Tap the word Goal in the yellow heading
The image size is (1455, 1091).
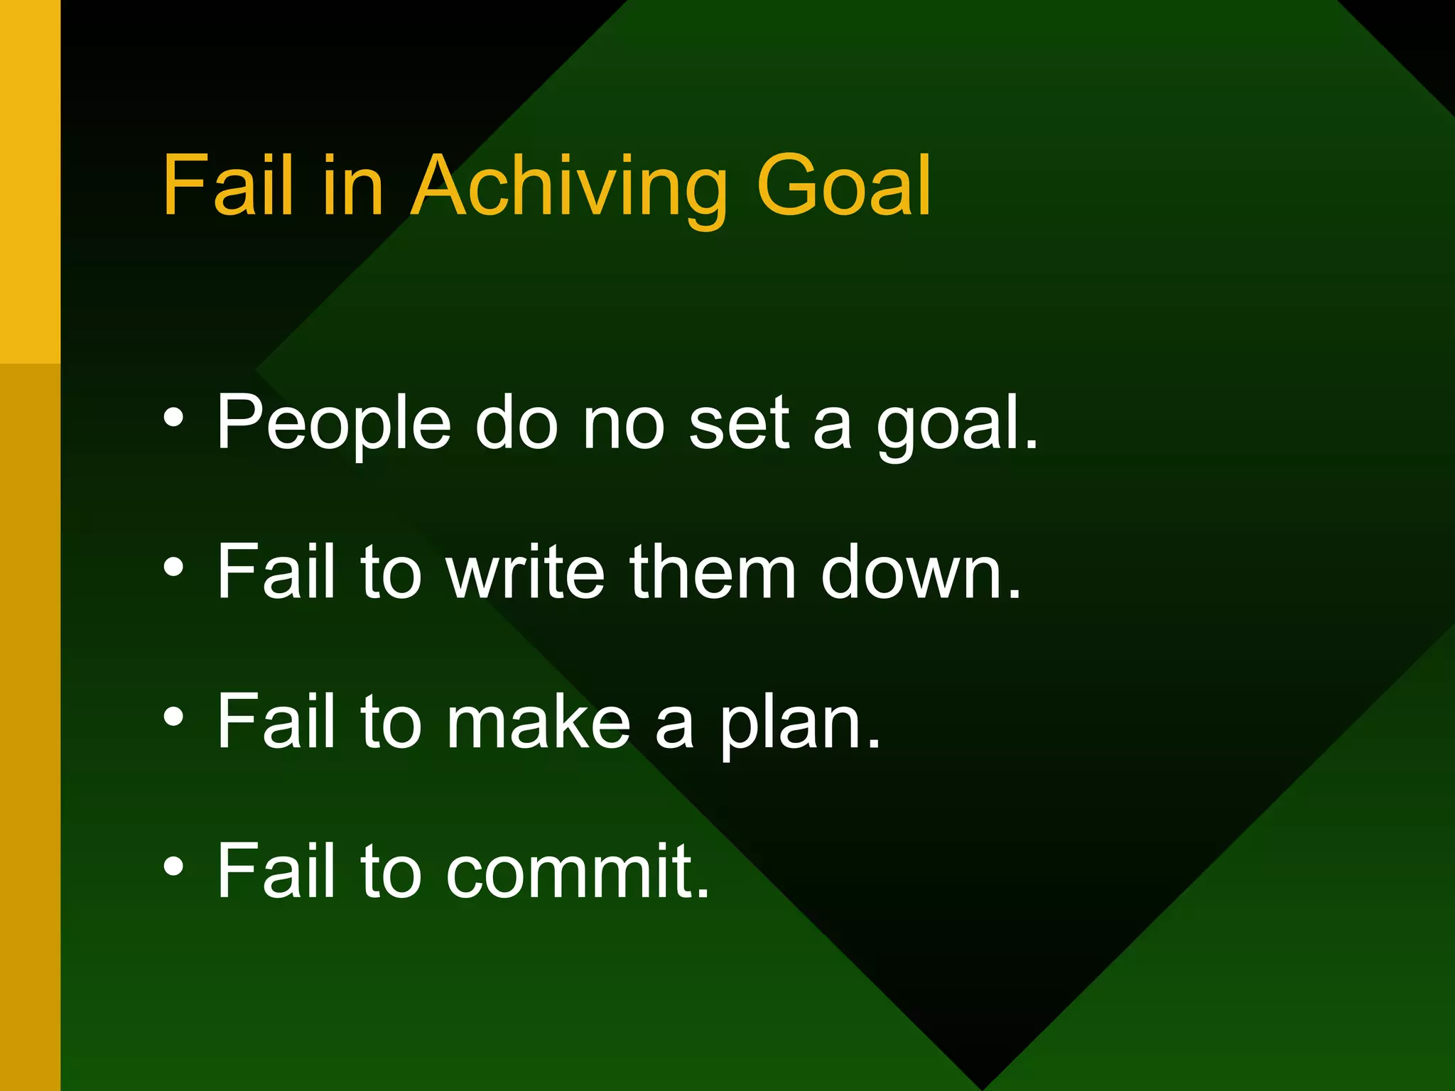(845, 186)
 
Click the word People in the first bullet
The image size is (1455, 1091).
(333, 423)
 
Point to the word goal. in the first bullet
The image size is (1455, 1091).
(956, 426)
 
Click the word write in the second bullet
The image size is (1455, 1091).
(526, 572)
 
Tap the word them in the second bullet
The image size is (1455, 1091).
(712, 572)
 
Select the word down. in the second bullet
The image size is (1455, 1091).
(921, 572)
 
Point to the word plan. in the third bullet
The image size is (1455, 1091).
(800, 724)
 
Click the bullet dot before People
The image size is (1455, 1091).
(173, 418)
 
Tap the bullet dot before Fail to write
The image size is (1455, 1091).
(173, 568)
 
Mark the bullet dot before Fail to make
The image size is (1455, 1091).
(173, 717)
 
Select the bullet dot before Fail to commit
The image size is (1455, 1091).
(173, 867)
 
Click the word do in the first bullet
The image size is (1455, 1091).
(516, 423)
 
